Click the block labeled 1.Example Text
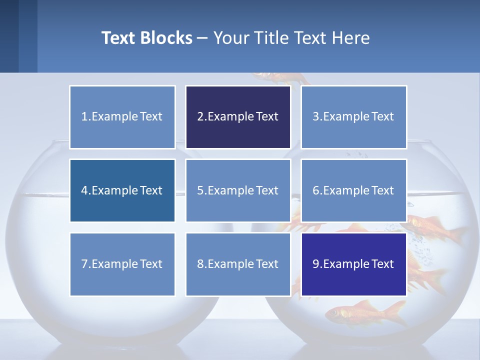click(122, 117)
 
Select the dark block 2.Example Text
click(238, 117)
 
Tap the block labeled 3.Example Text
click(353, 117)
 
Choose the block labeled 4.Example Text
click(122, 190)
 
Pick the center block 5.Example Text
click(238, 190)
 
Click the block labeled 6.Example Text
click(353, 190)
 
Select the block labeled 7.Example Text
click(122, 264)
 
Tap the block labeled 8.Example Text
click(238, 264)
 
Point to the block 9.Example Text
click(353, 264)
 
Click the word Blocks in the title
click(167, 38)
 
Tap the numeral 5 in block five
click(200, 190)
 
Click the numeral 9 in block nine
click(316, 264)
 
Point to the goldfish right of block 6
click(435, 227)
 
